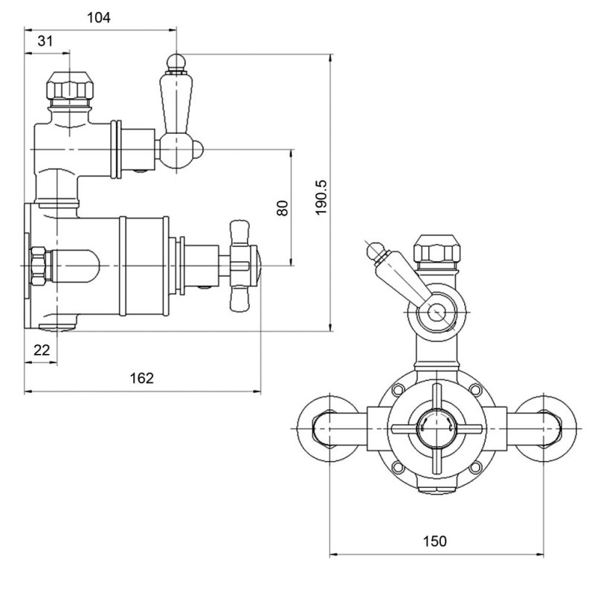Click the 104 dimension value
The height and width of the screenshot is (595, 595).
click(99, 17)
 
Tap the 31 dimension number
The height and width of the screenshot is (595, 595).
click(45, 41)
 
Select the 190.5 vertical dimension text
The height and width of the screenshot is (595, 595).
click(321, 197)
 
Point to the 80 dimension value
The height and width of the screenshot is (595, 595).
click(283, 208)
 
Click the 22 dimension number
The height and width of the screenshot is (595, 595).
click(42, 350)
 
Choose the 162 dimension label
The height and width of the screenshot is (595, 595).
click(141, 378)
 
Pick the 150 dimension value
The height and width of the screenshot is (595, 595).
click(435, 541)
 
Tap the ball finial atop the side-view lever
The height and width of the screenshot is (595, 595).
click(176, 62)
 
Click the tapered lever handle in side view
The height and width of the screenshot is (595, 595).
click(176, 103)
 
